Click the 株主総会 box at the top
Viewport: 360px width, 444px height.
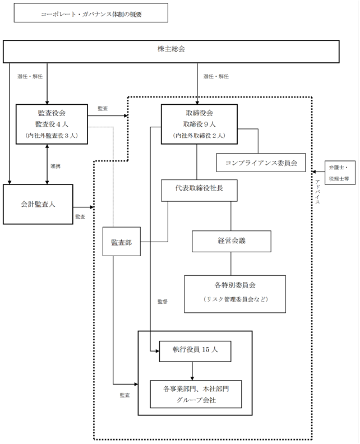click(x=171, y=51)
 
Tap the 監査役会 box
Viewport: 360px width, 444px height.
click(x=52, y=124)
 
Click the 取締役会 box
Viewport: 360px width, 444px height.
click(x=199, y=124)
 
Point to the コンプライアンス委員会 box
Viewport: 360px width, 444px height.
click(x=261, y=163)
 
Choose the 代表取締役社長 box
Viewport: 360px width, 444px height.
click(x=199, y=190)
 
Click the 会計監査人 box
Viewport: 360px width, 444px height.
click(x=38, y=204)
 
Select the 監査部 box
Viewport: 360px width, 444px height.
click(x=122, y=242)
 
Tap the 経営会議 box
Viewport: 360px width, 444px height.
click(x=232, y=241)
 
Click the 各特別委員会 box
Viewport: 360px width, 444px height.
click(x=235, y=294)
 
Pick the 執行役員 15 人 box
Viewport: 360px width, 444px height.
click(x=195, y=351)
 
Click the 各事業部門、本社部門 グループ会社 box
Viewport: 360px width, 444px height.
click(x=196, y=394)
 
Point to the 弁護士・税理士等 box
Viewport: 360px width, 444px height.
click(x=340, y=173)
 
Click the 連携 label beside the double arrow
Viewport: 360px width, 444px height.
click(x=55, y=166)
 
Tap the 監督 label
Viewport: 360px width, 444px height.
click(x=163, y=302)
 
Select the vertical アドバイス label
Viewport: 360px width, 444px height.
click(x=317, y=192)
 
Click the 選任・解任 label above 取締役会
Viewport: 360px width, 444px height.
click(x=216, y=76)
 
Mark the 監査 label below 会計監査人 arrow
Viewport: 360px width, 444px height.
click(x=80, y=216)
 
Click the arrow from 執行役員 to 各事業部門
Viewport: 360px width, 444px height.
click(x=192, y=371)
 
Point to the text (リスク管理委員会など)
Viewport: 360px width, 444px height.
click(x=236, y=299)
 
